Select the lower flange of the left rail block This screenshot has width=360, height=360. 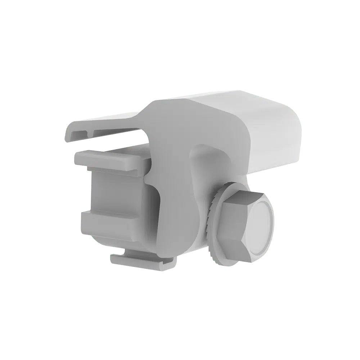point(108,218)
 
